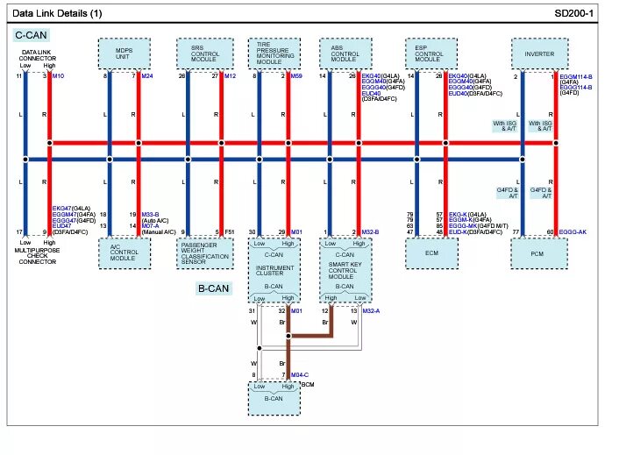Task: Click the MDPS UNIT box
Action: tap(124, 55)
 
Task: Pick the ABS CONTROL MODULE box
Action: tap(345, 55)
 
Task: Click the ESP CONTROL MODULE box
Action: tap(429, 55)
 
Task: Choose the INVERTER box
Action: tap(539, 55)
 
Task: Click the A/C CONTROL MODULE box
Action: tap(124, 253)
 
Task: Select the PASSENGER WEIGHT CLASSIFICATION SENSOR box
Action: tap(205, 253)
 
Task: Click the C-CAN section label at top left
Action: tap(31, 35)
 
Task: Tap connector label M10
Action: tap(58, 76)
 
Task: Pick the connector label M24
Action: tap(146, 76)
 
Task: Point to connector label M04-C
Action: tap(300, 375)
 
